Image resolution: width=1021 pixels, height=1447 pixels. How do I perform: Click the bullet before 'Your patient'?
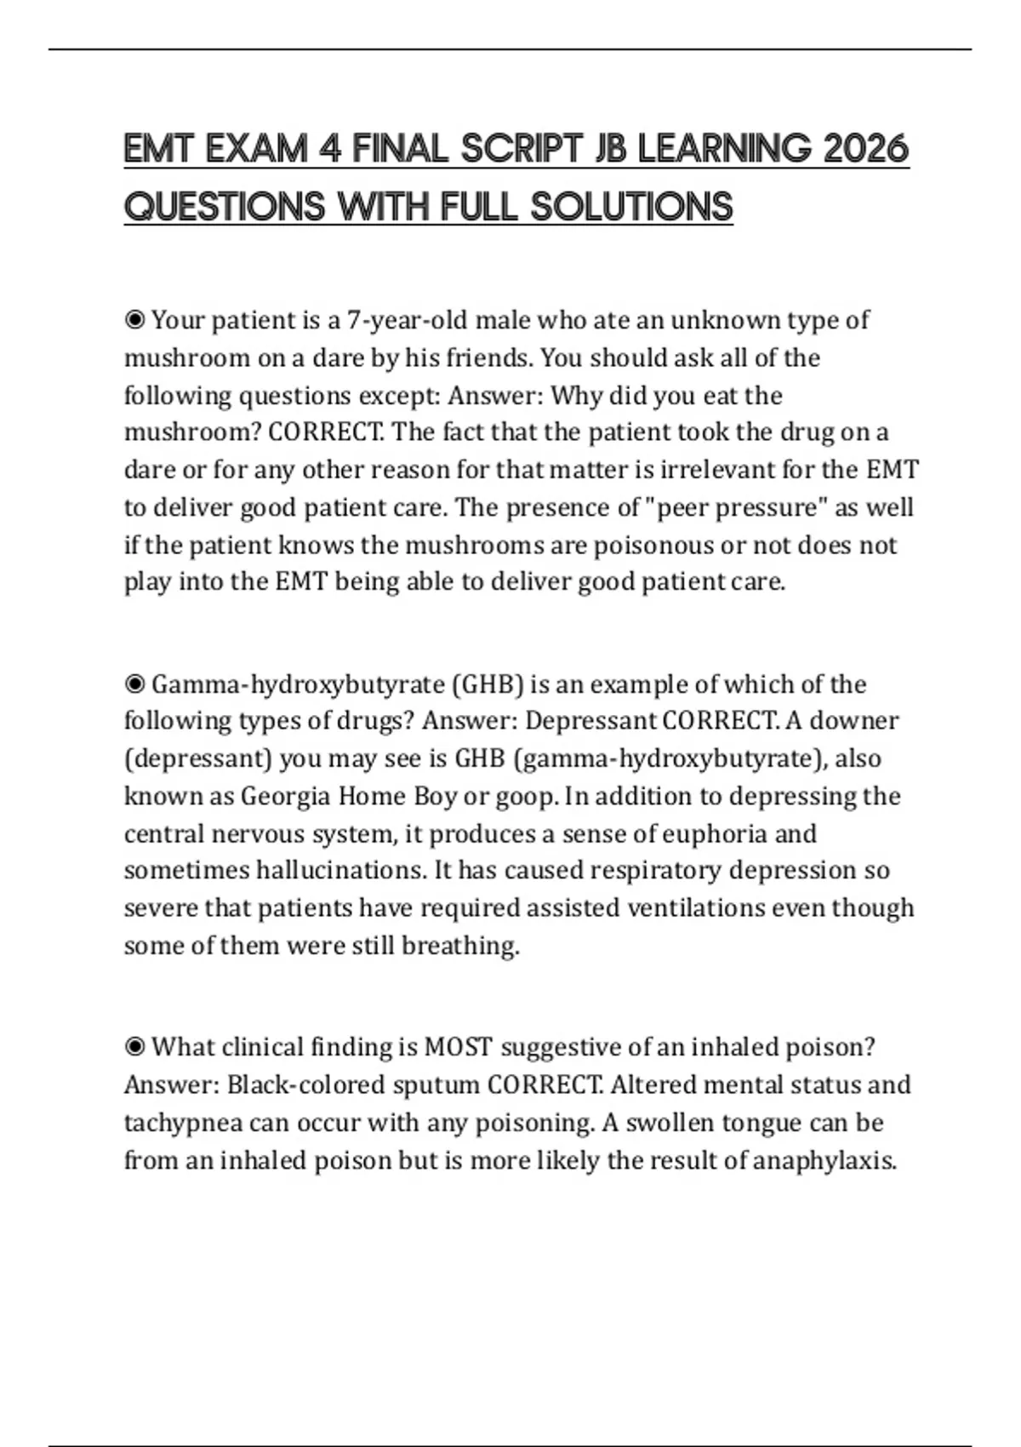pyautogui.click(x=134, y=321)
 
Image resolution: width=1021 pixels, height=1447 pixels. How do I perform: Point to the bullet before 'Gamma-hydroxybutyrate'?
pyautogui.click(x=134, y=684)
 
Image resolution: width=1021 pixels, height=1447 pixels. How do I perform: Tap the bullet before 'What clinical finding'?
pyautogui.click(x=134, y=1047)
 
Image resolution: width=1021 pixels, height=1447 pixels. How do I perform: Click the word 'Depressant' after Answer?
pyautogui.click(x=590, y=721)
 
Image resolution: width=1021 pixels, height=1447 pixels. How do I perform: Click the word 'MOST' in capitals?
pyautogui.click(x=458, y=1047)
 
